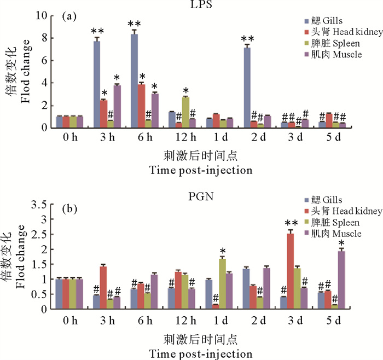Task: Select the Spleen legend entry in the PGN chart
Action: tap(332, 223)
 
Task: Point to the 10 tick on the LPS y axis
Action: tap(44, 16)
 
